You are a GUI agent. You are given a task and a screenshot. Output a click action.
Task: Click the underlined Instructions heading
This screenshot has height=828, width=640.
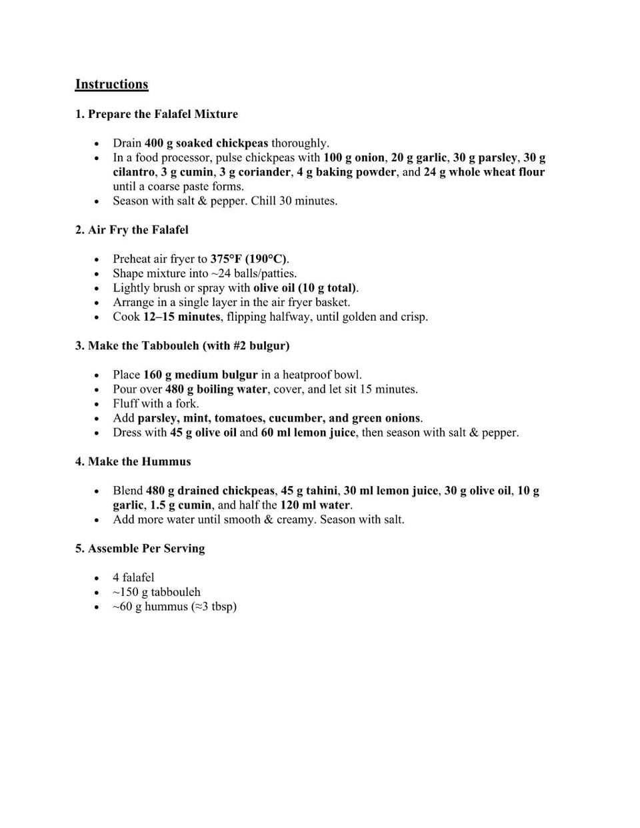111,84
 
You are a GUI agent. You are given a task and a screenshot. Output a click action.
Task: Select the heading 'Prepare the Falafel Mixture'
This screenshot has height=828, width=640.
163,114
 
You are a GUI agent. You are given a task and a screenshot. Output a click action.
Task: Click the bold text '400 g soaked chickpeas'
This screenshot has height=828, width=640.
206,143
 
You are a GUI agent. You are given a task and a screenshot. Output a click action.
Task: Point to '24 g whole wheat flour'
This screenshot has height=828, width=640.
484,172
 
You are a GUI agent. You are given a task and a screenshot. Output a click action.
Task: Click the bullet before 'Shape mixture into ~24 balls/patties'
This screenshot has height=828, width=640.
97,274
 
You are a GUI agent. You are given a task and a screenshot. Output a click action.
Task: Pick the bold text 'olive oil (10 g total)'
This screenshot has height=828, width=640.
305,288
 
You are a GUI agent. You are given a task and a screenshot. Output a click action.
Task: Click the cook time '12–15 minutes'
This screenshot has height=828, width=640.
181,317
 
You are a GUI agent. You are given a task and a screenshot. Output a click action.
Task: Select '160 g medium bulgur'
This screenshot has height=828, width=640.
200,375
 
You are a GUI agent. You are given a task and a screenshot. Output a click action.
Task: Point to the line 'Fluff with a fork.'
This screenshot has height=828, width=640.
155,403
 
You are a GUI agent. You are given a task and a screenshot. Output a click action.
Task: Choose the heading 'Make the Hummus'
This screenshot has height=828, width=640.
139,461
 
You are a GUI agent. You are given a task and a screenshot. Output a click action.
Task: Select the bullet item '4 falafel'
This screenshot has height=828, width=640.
133,577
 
